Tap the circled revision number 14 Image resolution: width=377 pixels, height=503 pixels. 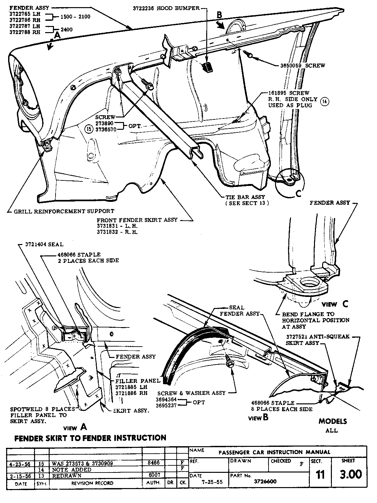[x=324, y=102]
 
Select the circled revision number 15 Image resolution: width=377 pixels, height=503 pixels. [x=88, y=129]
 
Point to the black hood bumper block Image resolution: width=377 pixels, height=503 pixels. [x=207, y=67]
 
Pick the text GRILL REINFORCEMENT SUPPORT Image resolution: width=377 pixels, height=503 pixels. [x=64, y=211]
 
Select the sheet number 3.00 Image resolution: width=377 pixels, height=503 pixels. [x=351, y=474]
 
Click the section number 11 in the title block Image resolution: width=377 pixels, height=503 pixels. [x=320, y=475]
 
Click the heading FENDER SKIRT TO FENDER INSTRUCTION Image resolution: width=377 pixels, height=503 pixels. [x=91, y=438]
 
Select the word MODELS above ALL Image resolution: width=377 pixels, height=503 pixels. [x=333, y=422]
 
